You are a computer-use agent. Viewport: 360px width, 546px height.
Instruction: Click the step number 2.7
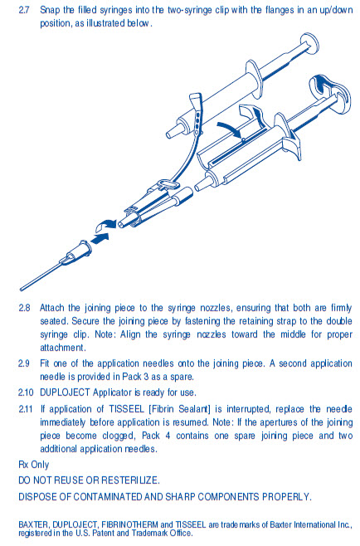click(x=24, y=10)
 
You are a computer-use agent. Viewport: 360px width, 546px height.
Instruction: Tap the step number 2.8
click(x=24, y=308)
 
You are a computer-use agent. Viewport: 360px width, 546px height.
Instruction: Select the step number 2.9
click(x=24, y=363)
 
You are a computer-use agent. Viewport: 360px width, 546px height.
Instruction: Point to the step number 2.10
click(x=26, y=392)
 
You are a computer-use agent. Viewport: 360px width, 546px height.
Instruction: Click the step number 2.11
click(x=26, y=409)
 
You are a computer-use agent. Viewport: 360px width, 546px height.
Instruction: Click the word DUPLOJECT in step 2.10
click(x=65, y=392)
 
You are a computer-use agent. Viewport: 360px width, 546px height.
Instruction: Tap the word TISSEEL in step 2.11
click(x=127, y=409)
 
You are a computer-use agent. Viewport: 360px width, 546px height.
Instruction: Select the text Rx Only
click(x=34, y=465)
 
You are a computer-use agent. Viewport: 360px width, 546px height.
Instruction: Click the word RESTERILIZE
click(x=130, y=480)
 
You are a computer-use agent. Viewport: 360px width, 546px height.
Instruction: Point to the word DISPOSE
click(x=37, y=496)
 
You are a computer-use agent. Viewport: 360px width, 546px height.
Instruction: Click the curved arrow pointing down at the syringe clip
click(x=229, y=129)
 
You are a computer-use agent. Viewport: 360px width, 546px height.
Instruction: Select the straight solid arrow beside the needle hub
click(x=100, y=238)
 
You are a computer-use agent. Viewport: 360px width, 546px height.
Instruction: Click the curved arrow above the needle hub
click(x=105, y=225)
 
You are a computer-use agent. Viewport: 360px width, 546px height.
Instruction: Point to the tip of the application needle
click(x=21, y=289)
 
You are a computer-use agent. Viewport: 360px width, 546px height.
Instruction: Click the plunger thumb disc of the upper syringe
click(x=309, y=44)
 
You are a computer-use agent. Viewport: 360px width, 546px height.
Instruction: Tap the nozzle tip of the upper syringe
click(x=171, y=134)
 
